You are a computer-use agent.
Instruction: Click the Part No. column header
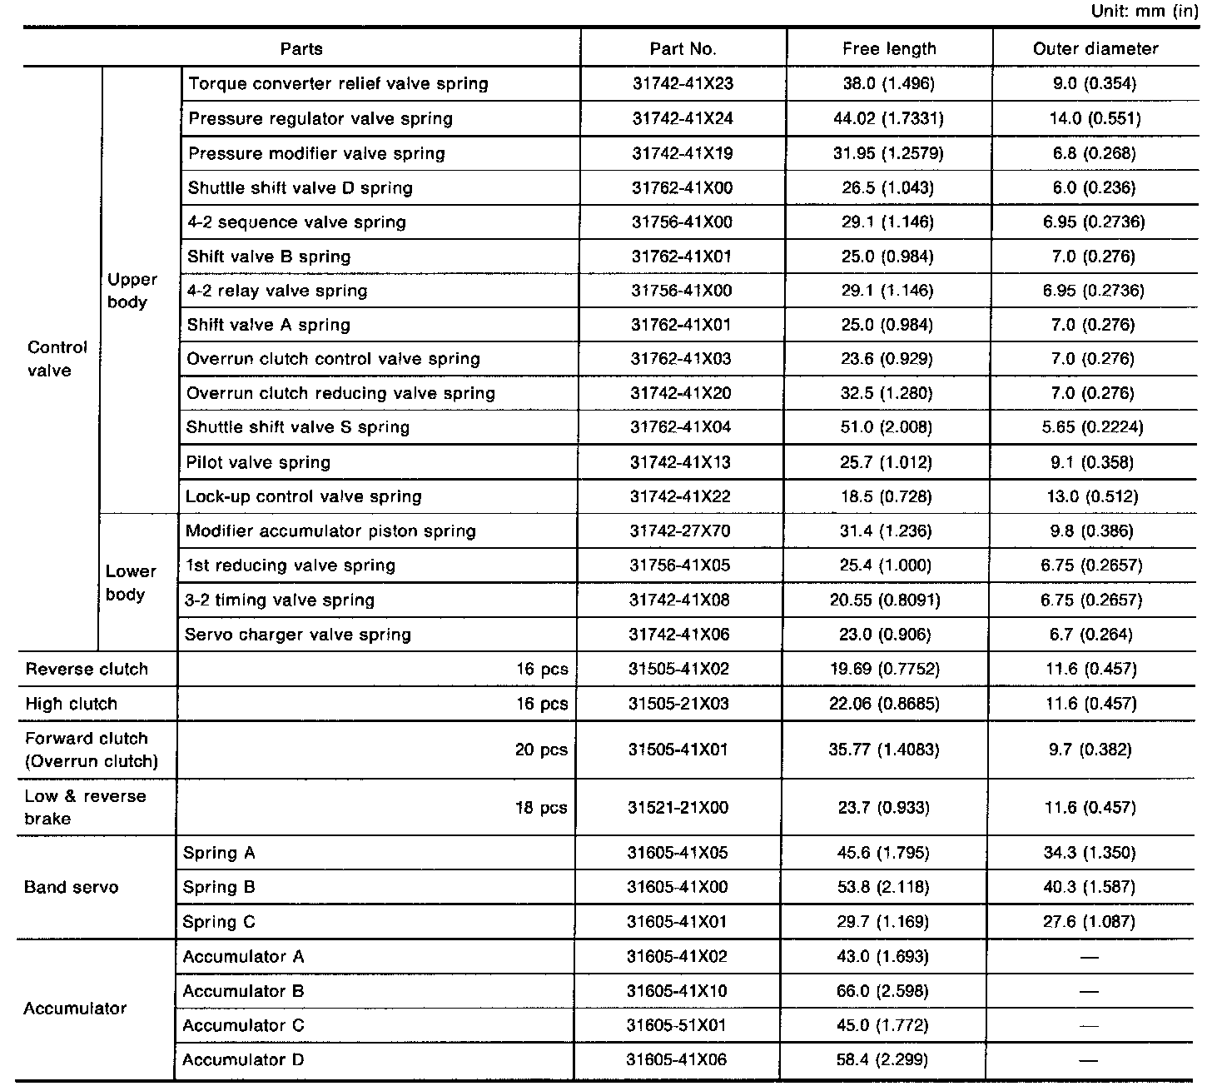point(683,49)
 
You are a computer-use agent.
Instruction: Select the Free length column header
point(889,49)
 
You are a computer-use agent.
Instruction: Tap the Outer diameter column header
point(1095,49)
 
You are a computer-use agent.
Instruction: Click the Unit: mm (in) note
point(1150,12)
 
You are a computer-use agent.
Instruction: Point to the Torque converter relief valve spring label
point(338,83)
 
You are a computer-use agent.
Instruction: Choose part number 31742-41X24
point(683,118)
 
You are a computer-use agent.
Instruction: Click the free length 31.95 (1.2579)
point(888,153)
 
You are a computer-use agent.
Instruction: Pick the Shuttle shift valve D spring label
point(300,187)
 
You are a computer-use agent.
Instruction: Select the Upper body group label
point(132,291)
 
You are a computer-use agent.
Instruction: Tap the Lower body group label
point(131,583)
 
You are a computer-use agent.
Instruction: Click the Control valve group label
point(57,359)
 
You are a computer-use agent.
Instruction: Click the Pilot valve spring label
point(258,462)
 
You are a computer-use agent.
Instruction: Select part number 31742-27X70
point(680,531)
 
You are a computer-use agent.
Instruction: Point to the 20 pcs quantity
point(541,750)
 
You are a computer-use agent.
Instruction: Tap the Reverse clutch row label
point(87,669)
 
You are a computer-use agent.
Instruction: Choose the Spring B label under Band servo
point(219,887)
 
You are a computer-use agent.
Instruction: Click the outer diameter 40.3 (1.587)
point(1090,887)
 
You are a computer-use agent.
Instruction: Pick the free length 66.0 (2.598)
point(883,991)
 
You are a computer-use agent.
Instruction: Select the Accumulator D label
point(243,1059)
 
